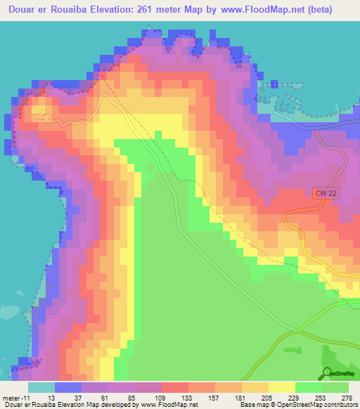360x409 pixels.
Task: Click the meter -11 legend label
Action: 15,397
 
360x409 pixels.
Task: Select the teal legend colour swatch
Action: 41,387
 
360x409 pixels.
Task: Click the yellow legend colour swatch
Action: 282,387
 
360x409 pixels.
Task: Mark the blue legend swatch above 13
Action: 68,387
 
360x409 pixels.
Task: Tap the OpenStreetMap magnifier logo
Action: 327,372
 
